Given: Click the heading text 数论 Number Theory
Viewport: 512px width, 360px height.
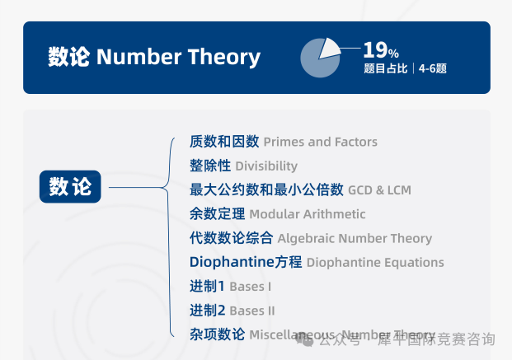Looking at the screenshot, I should pyautogui.click(x=154, y=57).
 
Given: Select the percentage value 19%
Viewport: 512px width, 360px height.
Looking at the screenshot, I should pyautogui.click(x=381, y=50).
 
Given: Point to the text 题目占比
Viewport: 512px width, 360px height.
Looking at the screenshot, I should pyautogui.click(x=386, y=69).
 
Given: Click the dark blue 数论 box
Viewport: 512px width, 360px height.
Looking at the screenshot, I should pyautogui.click(x=70, y=188).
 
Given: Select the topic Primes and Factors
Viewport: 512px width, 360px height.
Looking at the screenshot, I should pyautogui.click(x=320, y=142).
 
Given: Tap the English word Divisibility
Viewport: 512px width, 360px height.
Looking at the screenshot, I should pyautogui.click(x=266, y=166).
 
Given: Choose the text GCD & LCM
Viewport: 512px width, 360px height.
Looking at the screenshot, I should pyautogui.click(x=379, y=190).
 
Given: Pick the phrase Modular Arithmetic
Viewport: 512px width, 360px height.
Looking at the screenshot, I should pyautogui.click(x=307, y=214).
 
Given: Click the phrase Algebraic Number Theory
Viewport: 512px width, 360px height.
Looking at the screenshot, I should pyautogui.click(x=355, y=238).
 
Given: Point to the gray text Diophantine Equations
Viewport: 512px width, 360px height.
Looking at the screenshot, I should pyautogui.click(x=375, y=263).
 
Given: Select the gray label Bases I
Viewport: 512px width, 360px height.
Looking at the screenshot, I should pyautogui.click(x=251, y=287).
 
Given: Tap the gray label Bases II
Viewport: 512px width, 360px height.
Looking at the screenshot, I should pyautogui.click(x=252, y=311).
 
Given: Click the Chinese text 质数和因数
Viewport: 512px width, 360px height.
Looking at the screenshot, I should pyautogui.click(x=224, y=142).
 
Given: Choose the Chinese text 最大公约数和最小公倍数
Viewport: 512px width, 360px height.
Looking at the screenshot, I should pyautogui.click(x=266, y=189).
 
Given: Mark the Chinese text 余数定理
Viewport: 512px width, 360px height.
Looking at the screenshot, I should pyautogui.click(x=217, y=214).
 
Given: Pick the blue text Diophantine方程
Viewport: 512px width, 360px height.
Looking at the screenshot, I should pyautogui.click(x=246, y=263).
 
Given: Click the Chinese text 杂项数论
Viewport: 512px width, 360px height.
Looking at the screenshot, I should pyautogui.click(x=217, y=334).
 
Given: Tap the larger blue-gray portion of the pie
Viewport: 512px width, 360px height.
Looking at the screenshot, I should pyautogui.click(x=316, y=63).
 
